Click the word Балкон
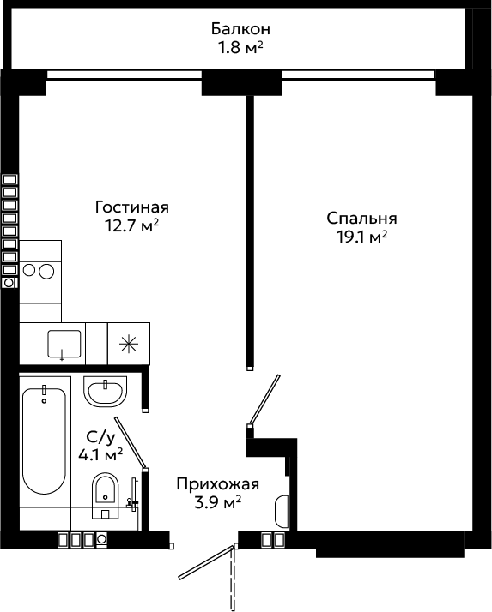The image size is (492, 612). tap(240, 29)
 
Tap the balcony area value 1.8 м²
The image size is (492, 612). tap(240, 48)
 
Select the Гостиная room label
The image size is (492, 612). tap(132, 207)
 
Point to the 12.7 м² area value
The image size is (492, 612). tap(131, 225)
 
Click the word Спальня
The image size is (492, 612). tap(361, 219)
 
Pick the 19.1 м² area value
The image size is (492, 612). tap(362, 237)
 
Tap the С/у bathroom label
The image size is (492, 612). tap(101, 438)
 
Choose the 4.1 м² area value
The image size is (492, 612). tap(100, 454)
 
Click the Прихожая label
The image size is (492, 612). tap(218, 484)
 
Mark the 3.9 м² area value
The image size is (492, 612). tap(217, 502)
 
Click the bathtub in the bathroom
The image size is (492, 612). tap(44, 441)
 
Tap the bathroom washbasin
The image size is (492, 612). tap(106, 392)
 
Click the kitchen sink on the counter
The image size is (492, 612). tap(64, 344)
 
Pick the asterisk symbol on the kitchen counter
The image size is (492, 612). tap(129, 344)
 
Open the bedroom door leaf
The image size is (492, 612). tap(264, 399)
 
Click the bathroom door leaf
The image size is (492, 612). tap(131, 442)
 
